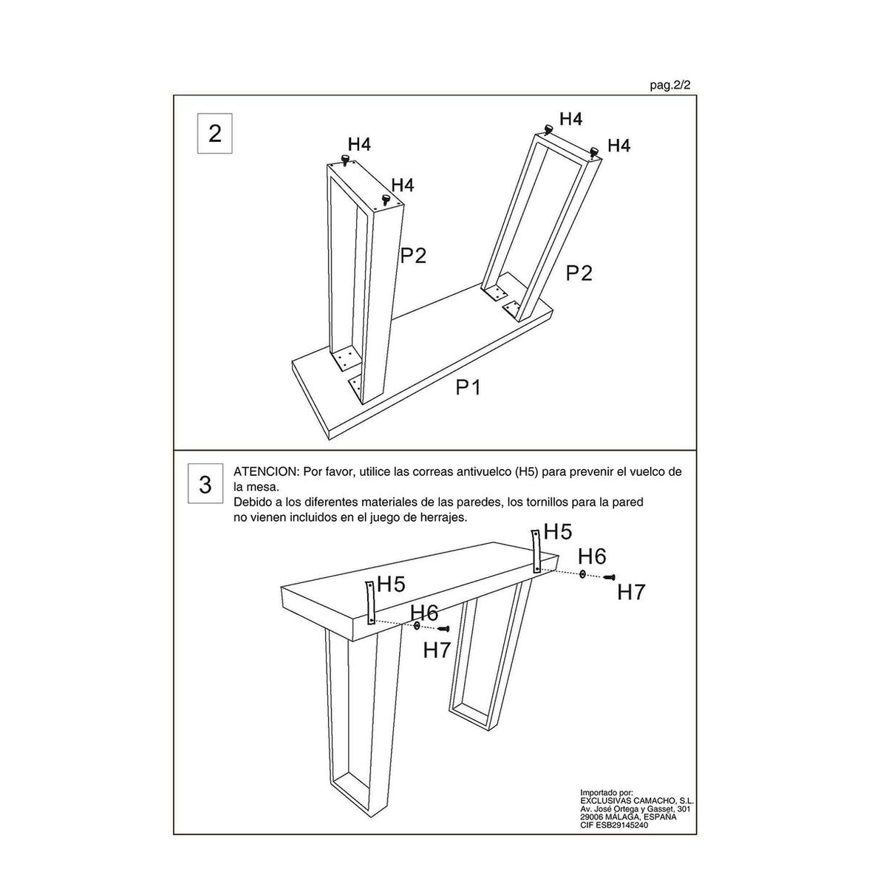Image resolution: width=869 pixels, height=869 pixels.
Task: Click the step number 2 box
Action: pos(214,134)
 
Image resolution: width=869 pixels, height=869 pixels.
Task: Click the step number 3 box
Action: pos(205,484)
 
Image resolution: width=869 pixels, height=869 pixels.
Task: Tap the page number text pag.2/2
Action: pos(670,86)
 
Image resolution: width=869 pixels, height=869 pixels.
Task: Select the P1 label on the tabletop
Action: pos(468,387)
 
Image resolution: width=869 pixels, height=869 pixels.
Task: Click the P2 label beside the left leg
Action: pos(414,256)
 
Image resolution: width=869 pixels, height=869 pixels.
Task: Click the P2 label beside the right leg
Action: pos(579,273)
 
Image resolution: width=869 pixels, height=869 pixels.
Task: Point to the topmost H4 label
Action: pos(570,118)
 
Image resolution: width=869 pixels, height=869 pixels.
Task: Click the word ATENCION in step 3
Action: pos(266,471)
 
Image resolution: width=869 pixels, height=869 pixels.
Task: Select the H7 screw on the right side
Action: pos(610,577)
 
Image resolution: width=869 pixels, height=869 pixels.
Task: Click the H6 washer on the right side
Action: pos(582,574)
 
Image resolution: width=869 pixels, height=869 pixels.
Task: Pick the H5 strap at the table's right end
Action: pos(536,551)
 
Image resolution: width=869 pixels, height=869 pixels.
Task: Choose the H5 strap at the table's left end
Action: pos(369,602)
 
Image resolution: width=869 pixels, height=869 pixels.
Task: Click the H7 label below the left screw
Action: pos(437,650)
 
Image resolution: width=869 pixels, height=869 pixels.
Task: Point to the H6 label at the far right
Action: pos(592,556)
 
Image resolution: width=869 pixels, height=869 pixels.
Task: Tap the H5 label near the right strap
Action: pos(557,531)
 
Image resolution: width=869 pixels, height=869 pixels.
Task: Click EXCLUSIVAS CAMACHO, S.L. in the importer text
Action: pos(637,801)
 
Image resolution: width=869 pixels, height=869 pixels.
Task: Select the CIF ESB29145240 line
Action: pos(614,825)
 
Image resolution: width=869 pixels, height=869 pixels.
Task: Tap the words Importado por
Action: pos(606,793)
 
